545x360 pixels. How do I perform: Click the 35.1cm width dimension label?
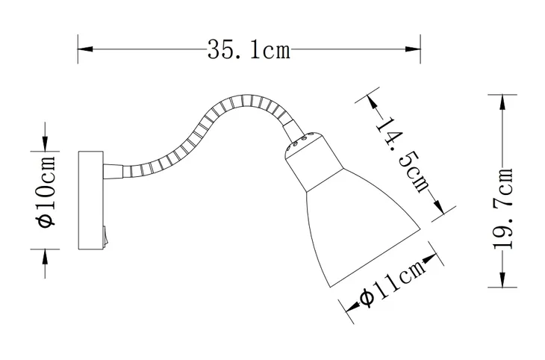pos(248,50)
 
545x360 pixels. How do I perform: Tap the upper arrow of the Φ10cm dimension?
pos(46,143)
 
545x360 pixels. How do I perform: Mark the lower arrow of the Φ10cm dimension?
pos(46,255)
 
